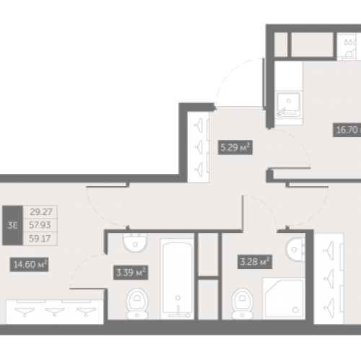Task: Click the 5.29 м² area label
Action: (x=235, y=147)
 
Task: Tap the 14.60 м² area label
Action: (x=29, y=265)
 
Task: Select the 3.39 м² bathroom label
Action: (x=131, y=273)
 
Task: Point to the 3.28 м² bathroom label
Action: (x=255, y=262)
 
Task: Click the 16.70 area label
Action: (x=347, y=130)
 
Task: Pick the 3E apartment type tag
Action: (x=12, y=226)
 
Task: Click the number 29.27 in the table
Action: (x=41, y=212)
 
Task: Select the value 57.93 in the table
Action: (x=40, y=225)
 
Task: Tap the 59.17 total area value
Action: (x=40, y=239)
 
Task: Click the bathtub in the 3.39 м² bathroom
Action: (x=177, y=279)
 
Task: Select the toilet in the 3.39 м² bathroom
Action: (x=137, y=304)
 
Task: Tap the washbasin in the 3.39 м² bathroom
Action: (x=135, y=243)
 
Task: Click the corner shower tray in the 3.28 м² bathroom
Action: (x=284, y=298)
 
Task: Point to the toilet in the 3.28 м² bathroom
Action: (x=243, y=304)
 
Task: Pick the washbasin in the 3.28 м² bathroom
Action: (x=295, y=250)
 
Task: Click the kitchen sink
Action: (x=288, y=104)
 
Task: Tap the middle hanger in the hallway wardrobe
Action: (x=199, y=146)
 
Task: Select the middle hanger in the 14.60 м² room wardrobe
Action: (x=55, y=312)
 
